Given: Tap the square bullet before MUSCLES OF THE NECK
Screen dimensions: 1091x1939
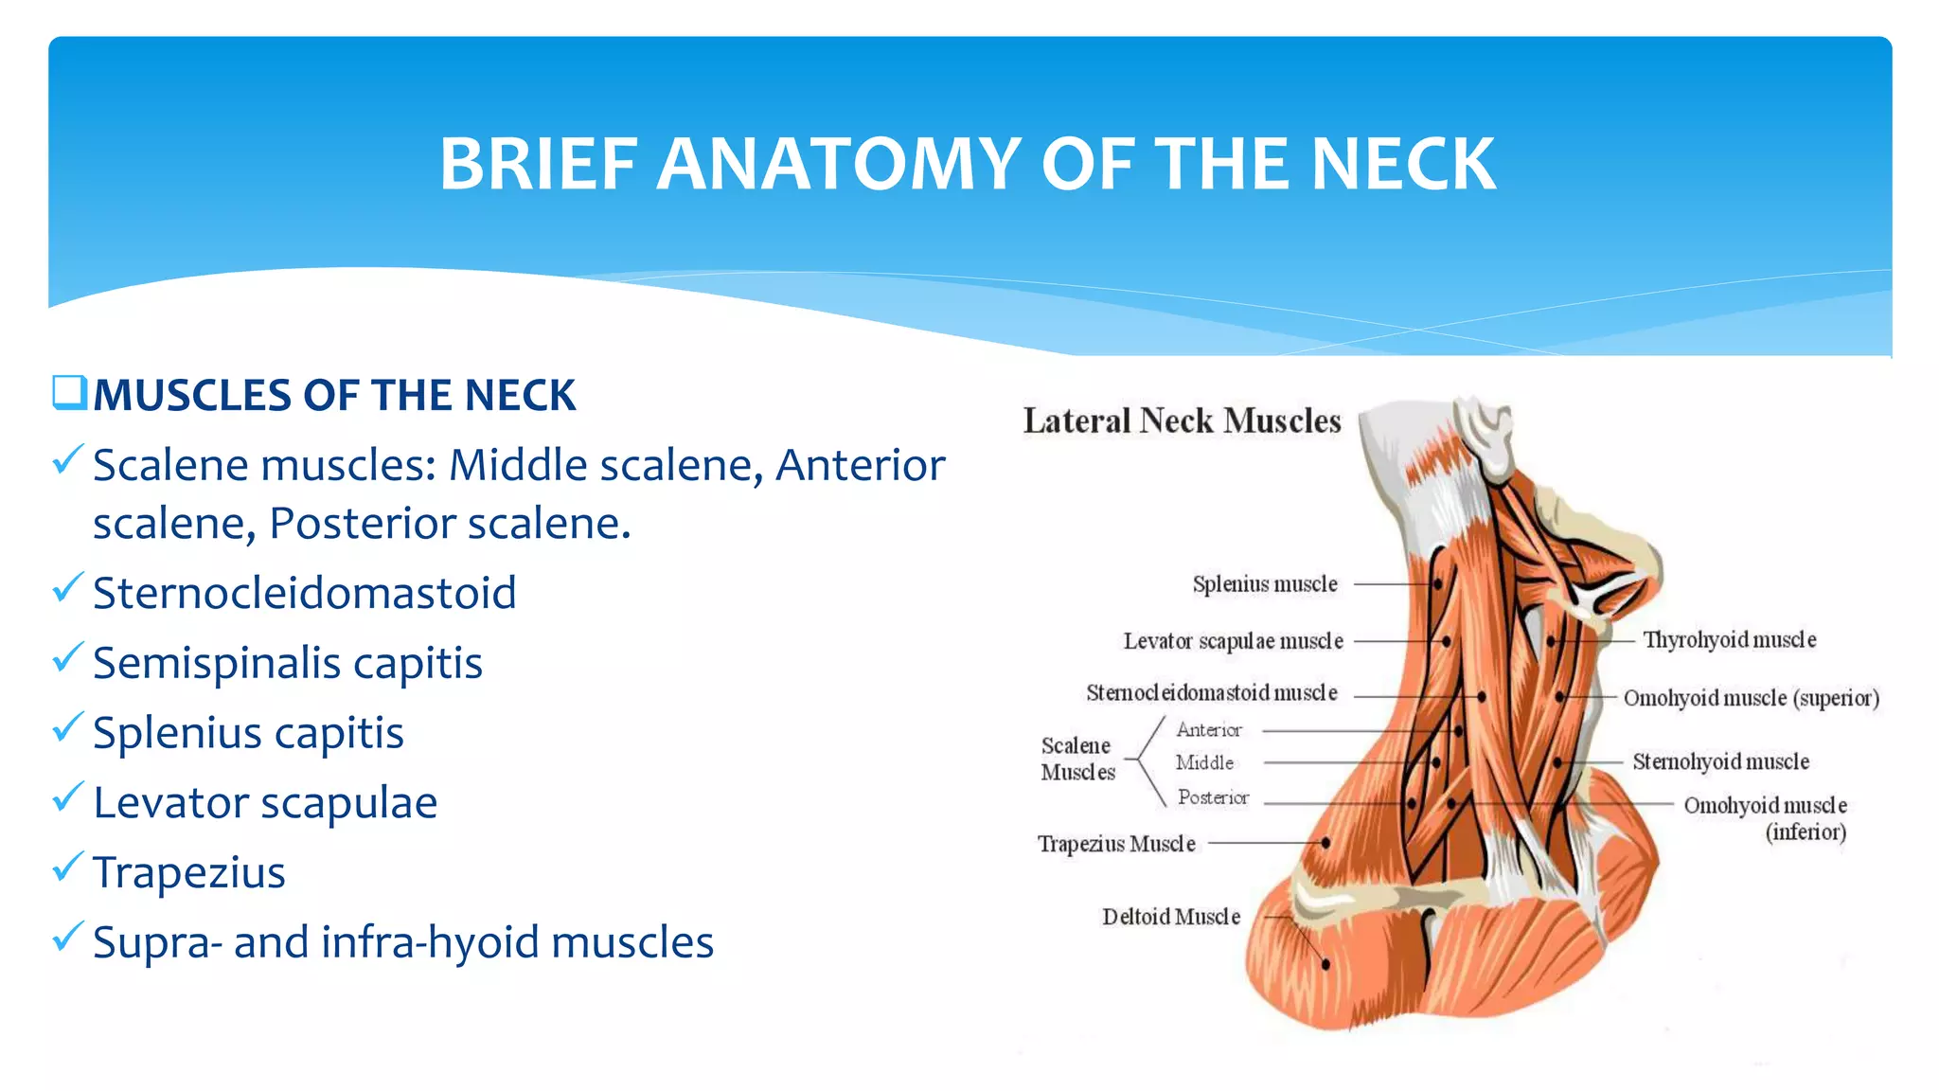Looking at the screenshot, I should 69,393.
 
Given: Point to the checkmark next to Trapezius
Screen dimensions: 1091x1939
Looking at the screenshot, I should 68,867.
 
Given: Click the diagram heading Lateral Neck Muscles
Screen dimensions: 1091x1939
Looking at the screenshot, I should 1182,420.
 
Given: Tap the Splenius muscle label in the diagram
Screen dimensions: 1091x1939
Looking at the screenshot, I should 1265,584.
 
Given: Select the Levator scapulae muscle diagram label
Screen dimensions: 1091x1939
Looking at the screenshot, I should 1233,641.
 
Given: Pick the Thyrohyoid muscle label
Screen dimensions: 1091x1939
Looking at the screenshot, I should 1729,640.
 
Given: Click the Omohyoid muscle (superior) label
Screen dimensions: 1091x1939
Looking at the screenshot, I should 1751,698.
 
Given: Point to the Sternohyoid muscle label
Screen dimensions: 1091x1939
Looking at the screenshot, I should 1720,761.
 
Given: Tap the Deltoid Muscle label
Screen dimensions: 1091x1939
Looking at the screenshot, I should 1171,917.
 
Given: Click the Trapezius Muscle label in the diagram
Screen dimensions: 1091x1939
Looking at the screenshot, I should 1116,843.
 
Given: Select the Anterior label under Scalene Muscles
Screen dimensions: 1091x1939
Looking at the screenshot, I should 1209,730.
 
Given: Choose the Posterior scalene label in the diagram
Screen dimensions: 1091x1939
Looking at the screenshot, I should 1213,797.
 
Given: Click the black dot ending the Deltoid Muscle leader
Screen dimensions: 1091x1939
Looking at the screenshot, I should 1325,964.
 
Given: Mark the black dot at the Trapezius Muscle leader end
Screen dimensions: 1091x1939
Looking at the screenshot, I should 1326,842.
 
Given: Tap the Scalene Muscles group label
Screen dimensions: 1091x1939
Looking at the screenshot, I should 1077,759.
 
